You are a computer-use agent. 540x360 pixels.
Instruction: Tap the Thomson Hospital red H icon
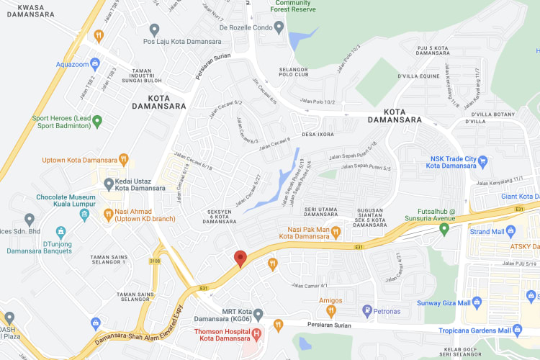click(x=257, y=333)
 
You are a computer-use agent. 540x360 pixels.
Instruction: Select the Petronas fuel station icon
click(x=367, y=311)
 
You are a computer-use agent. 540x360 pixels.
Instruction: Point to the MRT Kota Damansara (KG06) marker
click(x=258, y=315)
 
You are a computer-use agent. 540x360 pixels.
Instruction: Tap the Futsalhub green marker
click(x=444, y=229)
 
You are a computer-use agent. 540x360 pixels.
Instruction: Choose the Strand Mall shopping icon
click(x=510, y=231)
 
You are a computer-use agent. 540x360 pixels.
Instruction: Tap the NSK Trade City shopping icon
click(x=483, y=159)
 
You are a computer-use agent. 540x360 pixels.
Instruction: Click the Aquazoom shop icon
click(x=94, y=63)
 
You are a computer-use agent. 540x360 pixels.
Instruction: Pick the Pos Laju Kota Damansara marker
click(x=153, y=29)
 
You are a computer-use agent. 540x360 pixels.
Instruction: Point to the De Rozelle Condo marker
click(x=213, y=29)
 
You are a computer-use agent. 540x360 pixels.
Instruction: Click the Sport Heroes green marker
click(x=97, y=120)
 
